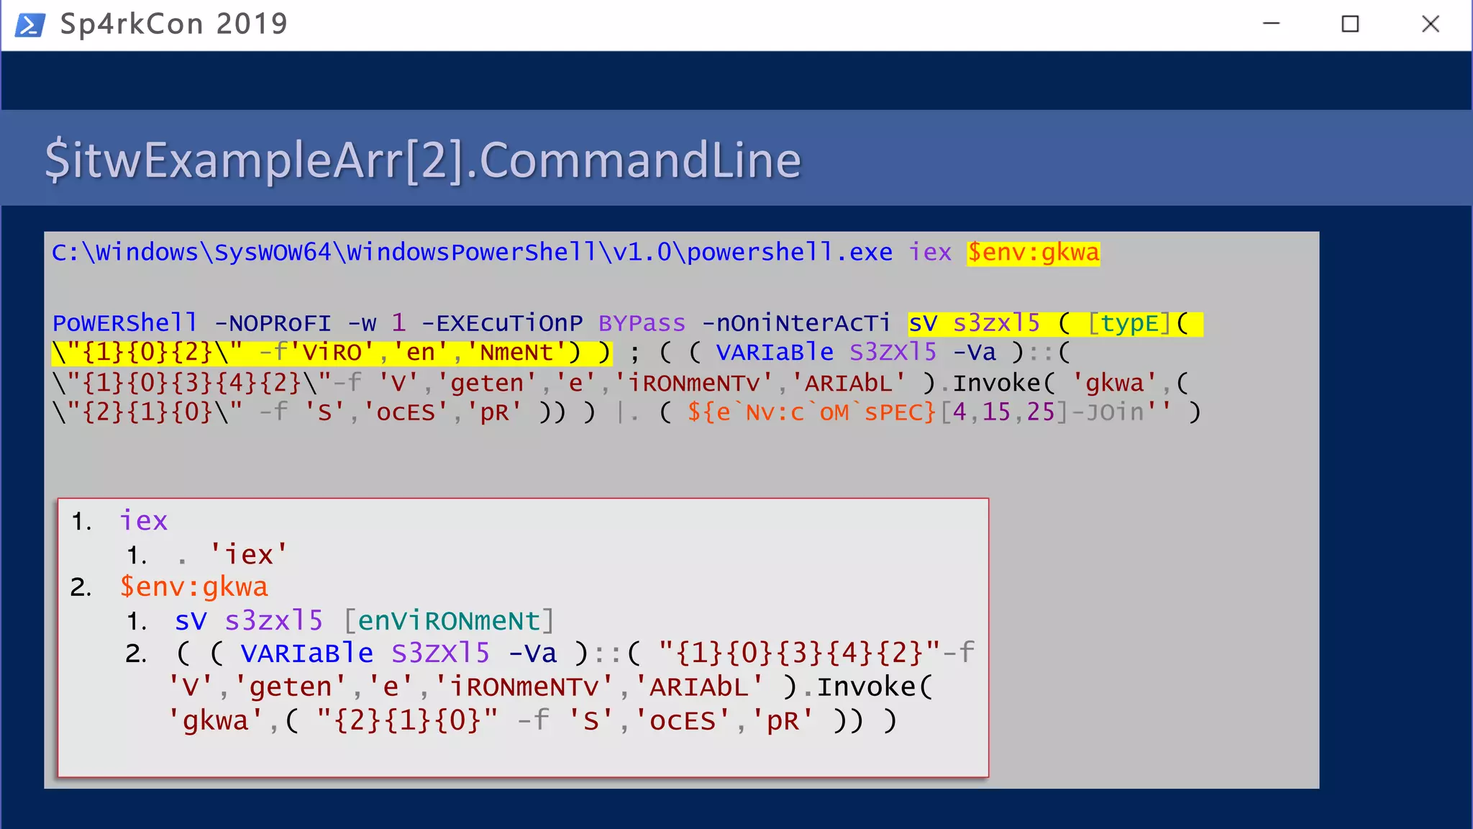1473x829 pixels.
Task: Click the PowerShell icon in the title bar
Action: pos(30,24)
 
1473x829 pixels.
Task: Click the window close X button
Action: pos(1431,24)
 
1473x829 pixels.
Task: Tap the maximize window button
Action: pos(1350,24)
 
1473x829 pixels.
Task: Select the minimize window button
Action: pos(1271,24)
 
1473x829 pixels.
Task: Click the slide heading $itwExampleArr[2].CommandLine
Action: pos(423,160)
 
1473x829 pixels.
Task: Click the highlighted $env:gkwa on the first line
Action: pos(1033,253)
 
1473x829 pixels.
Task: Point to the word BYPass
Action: pos(642,323)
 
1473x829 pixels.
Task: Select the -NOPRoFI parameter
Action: pos(273,323)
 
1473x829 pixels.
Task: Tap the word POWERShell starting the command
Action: pos(124,323)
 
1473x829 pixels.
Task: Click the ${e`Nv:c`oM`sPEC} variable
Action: pos(811,412)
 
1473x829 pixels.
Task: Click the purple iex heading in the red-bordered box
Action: pos(143,520)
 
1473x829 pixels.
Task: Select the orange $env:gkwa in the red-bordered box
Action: pos(193,587)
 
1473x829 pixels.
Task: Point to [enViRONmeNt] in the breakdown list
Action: pos(449,620)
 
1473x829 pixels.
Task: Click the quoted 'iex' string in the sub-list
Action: pos(248,554)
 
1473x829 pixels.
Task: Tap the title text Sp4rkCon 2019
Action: pos(173,24)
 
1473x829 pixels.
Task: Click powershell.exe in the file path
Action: pos(790,253)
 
